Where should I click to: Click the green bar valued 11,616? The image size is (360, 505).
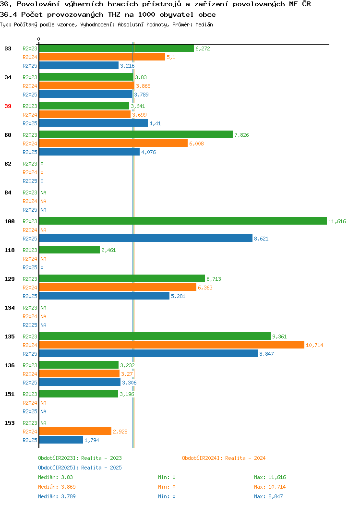(x=183, y=221)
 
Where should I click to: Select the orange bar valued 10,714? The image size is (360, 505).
(x=172, y=345)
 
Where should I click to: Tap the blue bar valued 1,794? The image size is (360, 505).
(x=61, y=440)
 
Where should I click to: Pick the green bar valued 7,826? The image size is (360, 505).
(x=136, y=134)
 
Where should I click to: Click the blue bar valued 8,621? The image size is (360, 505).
(x=146, y=238)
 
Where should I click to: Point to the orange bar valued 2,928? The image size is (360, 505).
(x=75, y=431)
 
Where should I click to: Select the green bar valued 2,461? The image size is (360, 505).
(x=70, y=250)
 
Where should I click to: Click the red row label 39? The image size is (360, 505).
(x=8, y=106)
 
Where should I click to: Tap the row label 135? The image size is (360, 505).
(x=10, y=337)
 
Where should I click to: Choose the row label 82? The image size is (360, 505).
(x=8, y=164)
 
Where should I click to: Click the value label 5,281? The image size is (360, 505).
(x=178, y=296)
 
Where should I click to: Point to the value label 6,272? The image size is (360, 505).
(x=203, y=48)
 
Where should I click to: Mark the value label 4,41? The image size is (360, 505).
(x=155, y=124)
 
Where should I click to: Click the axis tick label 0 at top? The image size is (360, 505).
(x=39, y=39)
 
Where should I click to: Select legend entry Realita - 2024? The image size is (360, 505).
(x=224, y=458)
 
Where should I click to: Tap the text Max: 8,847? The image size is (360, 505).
(x=268, y=496)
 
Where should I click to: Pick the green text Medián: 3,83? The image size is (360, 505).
(x=55, y=477)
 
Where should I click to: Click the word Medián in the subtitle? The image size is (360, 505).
(x=204, y=24)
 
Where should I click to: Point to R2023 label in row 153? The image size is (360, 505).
(x=30, y=423)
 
